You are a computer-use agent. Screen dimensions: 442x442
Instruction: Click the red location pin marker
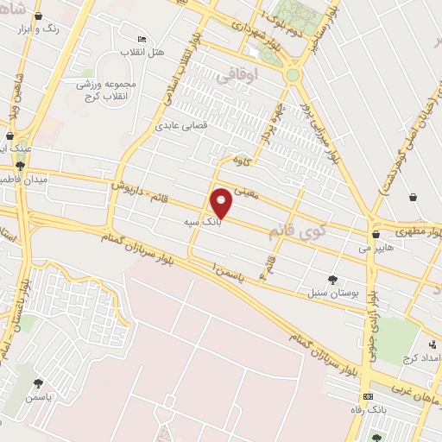click(x=222, y=202)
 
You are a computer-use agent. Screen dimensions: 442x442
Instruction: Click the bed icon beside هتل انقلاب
click(x=142, y=39)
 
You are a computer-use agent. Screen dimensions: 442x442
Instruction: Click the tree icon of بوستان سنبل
click(x=333, y=279)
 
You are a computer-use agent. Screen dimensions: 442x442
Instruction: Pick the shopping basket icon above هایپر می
click(x=375, y=233)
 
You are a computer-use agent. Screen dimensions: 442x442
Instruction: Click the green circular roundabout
click(x=293, y=75)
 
